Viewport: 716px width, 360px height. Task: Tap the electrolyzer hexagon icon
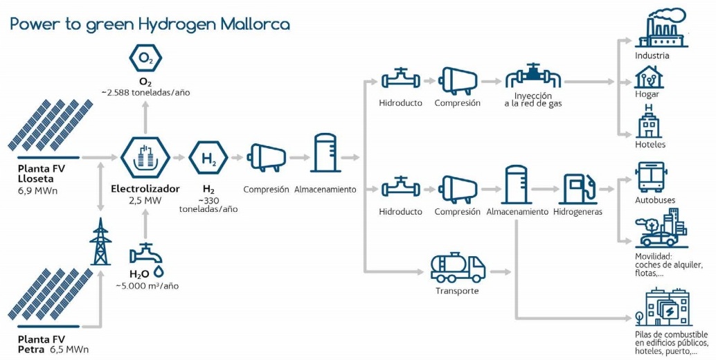[x=145, y=159]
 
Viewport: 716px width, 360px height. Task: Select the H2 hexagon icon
[x=208, y=159]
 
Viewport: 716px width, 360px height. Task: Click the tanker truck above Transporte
[x=457, y=267]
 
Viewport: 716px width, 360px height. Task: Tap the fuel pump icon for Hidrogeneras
[x=578, y=187]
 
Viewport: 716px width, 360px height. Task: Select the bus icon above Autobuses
[x=650, y=178]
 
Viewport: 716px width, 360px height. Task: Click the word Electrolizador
[x=145, y=188]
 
